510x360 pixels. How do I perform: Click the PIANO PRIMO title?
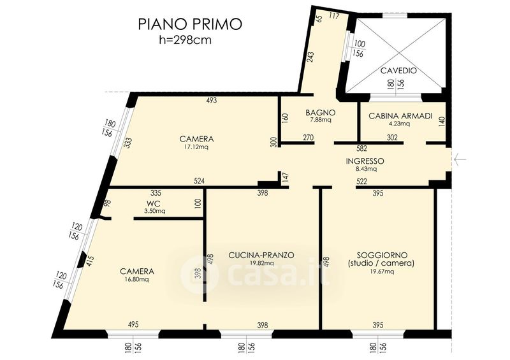(x=190, y=24)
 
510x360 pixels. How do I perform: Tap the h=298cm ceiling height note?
(x=185, y=40)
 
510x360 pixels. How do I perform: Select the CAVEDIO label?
(x=398, y=70)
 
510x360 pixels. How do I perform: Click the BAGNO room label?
(x=321, y=113)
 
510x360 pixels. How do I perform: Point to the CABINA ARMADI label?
(x=400, y=116)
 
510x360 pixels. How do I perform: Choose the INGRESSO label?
(x=365, y=161)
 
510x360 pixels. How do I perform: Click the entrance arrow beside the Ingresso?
(x=460, y=160)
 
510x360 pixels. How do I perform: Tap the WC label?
(x=153, y=204)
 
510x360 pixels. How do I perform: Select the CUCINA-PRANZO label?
(x=261, y=256)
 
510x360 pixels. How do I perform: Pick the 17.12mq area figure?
(x=196, y=147)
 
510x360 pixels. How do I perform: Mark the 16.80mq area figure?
(x=136, y=279)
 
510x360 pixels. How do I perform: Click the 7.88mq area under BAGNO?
(x=321, y=120)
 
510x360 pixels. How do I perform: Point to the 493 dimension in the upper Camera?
(x=212, y=101)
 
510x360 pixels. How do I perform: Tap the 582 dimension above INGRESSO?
(x=361, y=148)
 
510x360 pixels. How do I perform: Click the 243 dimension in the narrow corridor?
(x=310, y=57)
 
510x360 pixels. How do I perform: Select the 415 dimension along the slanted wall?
(x=91, y=261)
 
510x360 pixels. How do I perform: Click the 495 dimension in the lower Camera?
(x=133, y=324)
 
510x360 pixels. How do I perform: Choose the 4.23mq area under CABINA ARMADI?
(x=400, y=124)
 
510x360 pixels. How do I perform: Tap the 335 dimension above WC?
(x=156, y=193)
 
